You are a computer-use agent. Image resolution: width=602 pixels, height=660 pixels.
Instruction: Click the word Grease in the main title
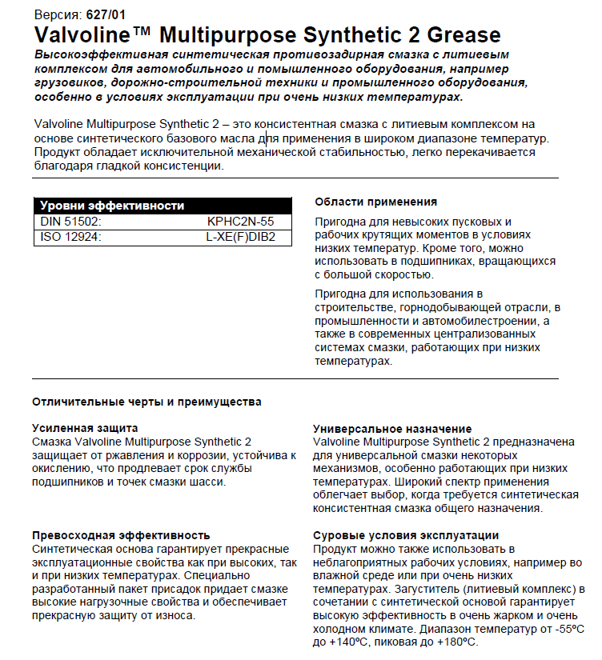click(x=458, y=35)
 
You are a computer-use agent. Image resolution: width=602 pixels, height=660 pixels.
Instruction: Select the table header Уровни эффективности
click(x=112, y=206)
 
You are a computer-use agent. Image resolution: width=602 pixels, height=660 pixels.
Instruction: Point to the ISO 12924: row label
click(x=71, y=237)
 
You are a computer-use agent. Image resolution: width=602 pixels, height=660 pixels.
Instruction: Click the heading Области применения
click(x=375, y=202)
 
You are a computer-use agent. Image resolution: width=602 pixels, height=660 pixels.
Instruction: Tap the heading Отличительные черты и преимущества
click(x=146, y=402)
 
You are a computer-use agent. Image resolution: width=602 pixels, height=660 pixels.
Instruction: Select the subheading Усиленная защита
click(x=85, y=428)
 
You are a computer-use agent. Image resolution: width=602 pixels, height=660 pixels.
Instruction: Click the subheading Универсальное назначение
click(x=392, y=428)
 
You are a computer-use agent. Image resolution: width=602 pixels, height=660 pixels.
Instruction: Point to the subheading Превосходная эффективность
click(x=121, y=534)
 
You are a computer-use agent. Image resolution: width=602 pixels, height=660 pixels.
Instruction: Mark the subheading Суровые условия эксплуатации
click(x=406, y=534)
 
